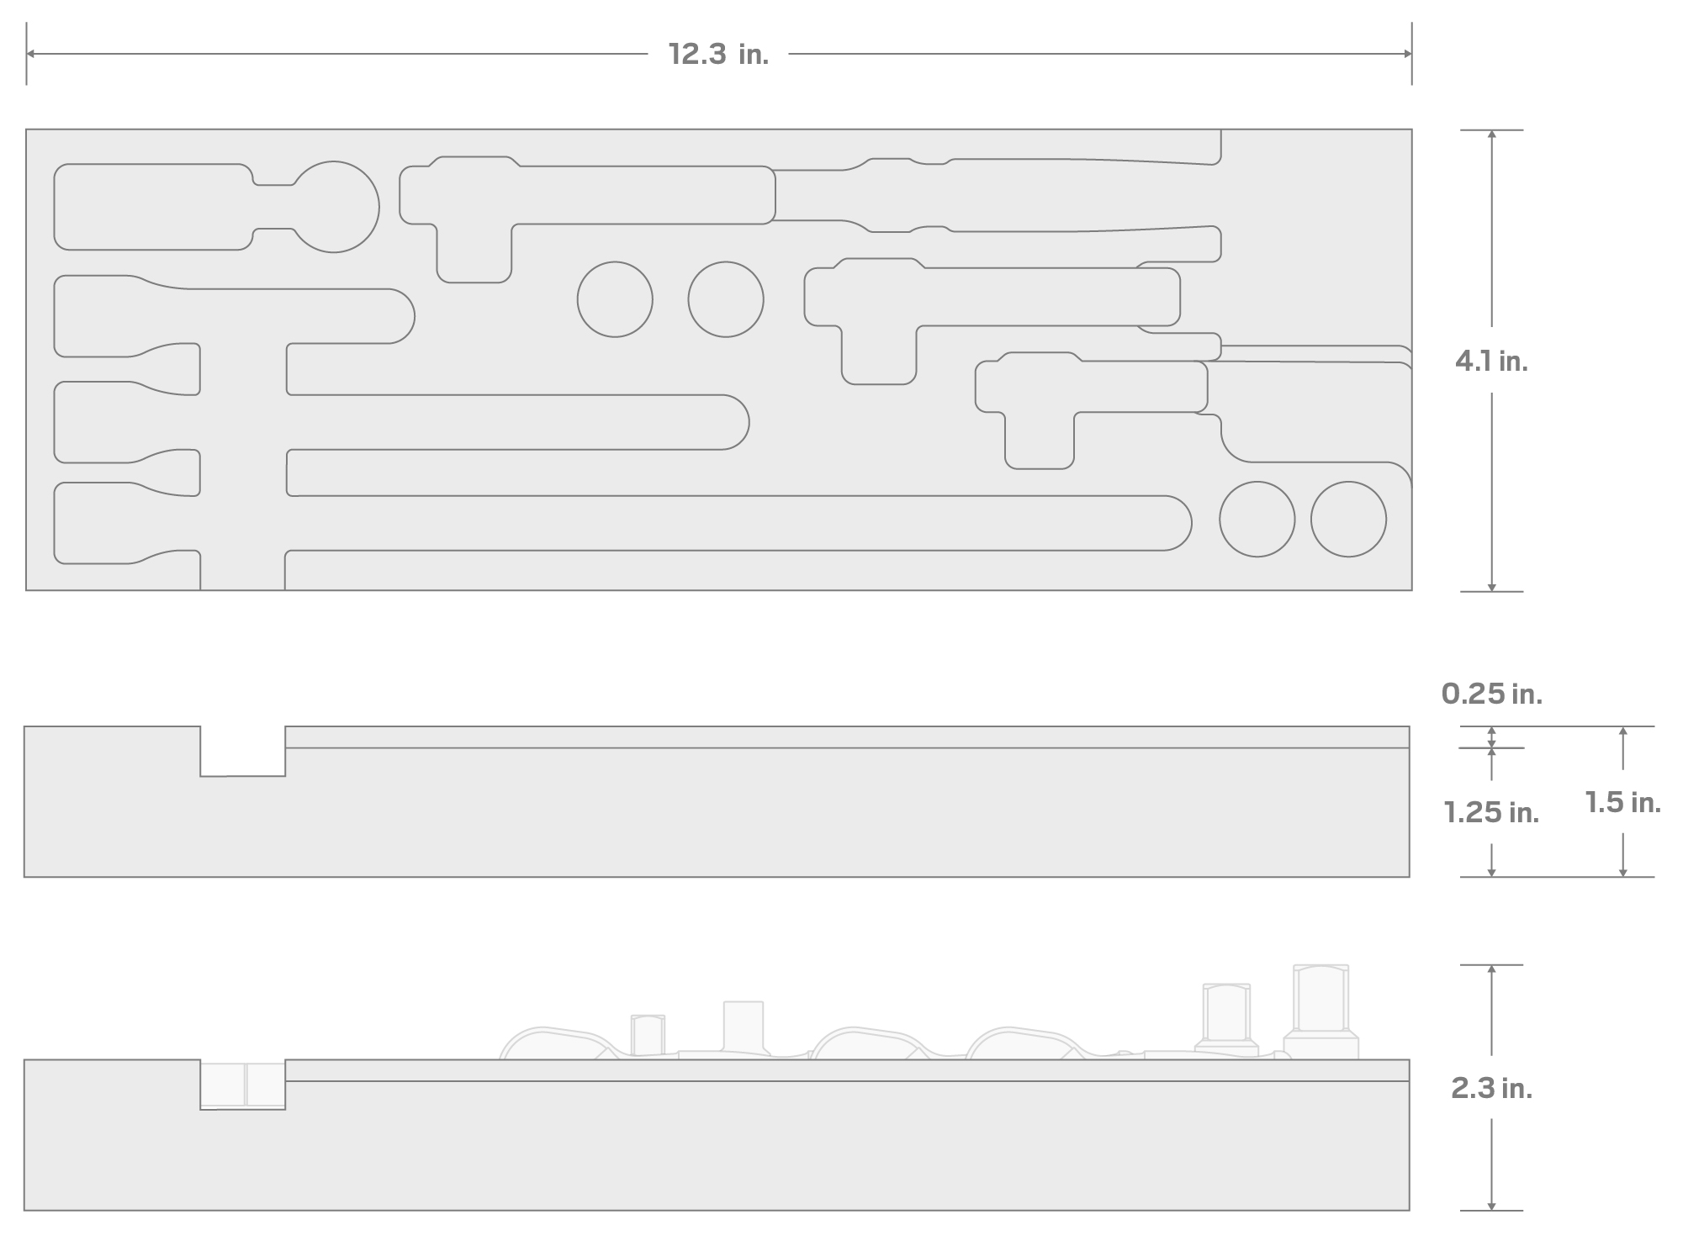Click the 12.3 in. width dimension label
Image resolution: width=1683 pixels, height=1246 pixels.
[x=718, y=55]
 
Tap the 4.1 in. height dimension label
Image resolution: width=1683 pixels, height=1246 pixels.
[x=1491, y=362]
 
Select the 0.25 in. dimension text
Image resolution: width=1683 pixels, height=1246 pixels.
[x=1491, y=694]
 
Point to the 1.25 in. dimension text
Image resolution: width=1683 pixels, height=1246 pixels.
[x=1491, y=812]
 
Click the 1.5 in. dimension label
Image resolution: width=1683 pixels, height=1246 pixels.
[x=1622, y=802]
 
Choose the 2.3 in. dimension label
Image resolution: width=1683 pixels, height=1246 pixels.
[x=1491, y=1089]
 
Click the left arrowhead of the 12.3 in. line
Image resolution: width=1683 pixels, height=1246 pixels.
[x=30, y=54]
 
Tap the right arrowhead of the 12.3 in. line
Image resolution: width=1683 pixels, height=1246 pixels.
[x=1407, y=54]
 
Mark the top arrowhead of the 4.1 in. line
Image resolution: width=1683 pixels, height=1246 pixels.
[x=1491, y=135]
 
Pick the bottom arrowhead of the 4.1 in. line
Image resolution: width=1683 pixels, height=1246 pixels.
[x=1491, y=587]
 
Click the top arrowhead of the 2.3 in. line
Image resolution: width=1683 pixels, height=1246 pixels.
[x=1491, y=969]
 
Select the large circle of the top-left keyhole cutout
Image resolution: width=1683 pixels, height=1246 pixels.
[x=334, y=161]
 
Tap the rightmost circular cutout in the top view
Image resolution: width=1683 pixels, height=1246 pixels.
[x=1348, y=482]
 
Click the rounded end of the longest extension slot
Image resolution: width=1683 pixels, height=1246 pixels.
[x=1191, y=523]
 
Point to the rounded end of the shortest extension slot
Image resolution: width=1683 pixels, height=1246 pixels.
[x=414, y=316]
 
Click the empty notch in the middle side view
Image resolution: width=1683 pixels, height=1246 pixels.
[x=242, y=751]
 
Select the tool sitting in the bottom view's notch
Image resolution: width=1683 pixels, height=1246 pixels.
[x=242, y=1085]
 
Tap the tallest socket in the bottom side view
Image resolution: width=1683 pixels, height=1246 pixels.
[x=1320, y=1012]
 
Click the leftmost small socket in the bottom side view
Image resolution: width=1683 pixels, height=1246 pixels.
[x=648, y=1035]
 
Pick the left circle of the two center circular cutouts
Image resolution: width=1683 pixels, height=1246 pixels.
[x=615, y=262]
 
